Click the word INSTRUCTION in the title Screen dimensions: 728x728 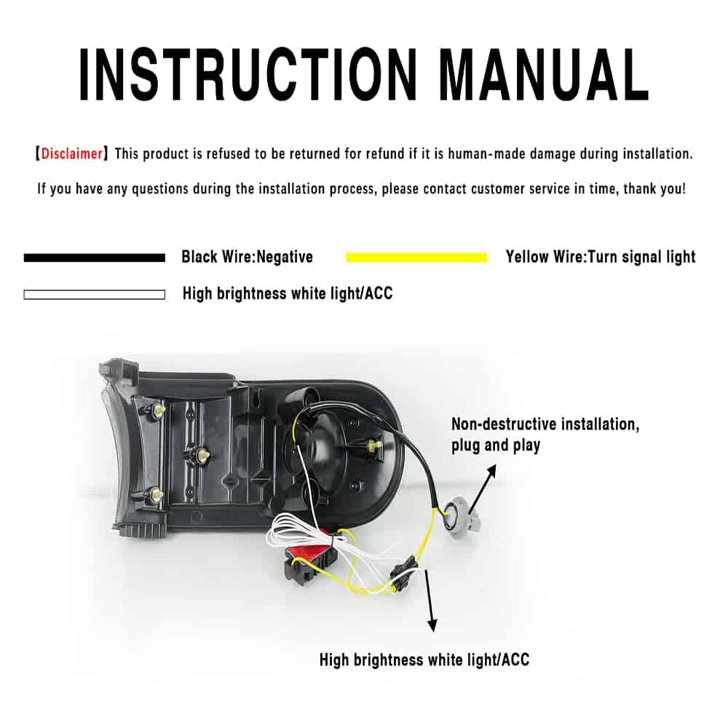click(x=248, y=74)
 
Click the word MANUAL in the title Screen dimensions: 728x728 click(x=544, y=74)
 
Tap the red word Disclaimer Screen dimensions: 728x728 click(x=72, y=154)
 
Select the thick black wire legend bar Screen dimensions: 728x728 click(x=94, y=258)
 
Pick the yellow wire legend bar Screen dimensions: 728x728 click(x=416, y=257)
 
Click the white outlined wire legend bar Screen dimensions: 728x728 click(x=94, y=295)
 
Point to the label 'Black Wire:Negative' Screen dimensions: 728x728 click(x=247, y=257)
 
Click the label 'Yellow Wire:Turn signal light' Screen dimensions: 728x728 click(x=601, y=257)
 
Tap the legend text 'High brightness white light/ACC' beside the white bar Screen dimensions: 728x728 click(x=288, y=293)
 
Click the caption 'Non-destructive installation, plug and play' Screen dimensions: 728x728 click(x=545, y=435)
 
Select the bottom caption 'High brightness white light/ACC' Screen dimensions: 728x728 click(x=424, y=660)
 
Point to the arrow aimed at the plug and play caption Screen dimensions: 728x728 click(x=483, y=488)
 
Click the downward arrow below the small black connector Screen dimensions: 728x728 click(x=430, y=600)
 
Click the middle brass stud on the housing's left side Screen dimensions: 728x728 click(x=203, y=454)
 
